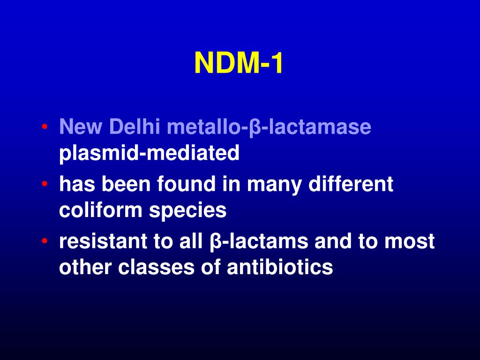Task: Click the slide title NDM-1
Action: tap(239, 63)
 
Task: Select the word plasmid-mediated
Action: tap(149, 153)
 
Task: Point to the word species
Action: tap(188, 210)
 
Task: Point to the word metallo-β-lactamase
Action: tap(269, 127)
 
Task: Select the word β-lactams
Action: tap(257, 242)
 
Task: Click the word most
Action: tap(410, 242)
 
